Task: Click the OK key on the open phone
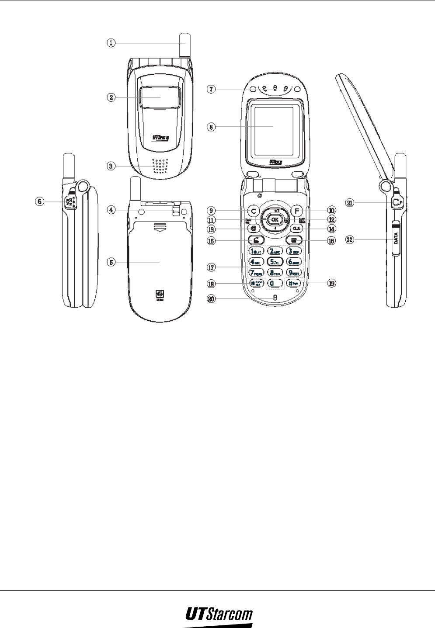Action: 275,219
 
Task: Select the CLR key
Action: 296,228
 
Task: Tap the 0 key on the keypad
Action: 275,283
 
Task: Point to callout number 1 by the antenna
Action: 112,42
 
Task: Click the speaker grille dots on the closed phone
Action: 160,166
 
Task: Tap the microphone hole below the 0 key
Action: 275,298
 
